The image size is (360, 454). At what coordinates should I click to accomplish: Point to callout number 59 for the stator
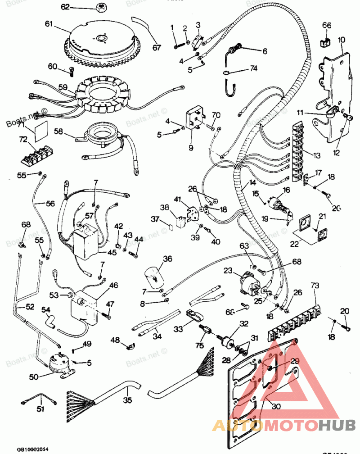[x=63, y=87]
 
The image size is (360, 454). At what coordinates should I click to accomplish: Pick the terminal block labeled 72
[x=36, y=153]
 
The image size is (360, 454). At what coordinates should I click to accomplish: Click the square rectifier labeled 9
[x=196, y=118]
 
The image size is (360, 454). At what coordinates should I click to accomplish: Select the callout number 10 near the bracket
[x=342, y=40]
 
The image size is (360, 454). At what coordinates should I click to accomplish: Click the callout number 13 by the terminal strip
[x=316, y=155]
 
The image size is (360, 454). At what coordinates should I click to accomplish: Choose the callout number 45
[x=112, y=253]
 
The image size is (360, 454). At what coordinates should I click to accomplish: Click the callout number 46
[x=113, y=285]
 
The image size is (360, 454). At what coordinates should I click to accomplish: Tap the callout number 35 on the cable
[x=128, y=399]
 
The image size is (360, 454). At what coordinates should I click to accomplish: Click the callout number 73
[x=315, y=286]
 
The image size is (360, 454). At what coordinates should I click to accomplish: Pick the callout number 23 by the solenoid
[x=228, y=271]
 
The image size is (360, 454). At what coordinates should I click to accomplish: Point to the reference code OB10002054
[x=32, y=449]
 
